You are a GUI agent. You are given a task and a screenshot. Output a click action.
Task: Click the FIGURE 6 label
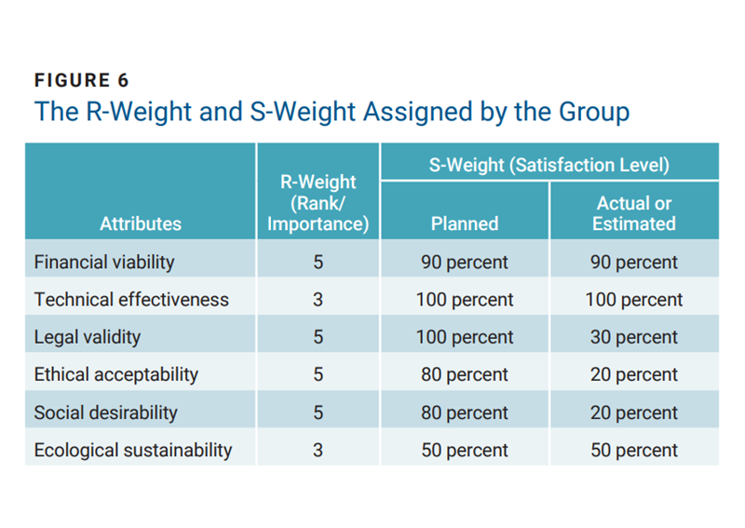tap(81, 80)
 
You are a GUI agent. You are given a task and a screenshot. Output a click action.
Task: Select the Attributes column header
tap(141, 223)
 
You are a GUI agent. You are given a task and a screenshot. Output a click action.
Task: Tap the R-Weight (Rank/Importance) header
tap(318, 203)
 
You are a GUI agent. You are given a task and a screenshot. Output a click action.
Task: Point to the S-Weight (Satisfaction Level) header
tap(549, 166)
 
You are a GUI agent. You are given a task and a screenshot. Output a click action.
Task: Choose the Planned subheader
tap(464, 223)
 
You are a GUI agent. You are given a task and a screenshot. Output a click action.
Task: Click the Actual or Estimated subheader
tap(633, 213)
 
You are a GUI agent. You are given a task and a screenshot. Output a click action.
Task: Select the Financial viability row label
tap(104, 262)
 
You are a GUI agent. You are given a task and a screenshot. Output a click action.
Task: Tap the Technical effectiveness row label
tap(131, 300)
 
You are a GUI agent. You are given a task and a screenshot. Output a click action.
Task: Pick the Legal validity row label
tap(87, 337)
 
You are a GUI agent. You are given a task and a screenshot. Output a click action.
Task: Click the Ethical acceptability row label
tap(116, 374)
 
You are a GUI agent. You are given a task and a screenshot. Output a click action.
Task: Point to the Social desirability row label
tap(105, 413)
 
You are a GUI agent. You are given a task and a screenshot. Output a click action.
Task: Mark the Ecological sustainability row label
tap(133, 450)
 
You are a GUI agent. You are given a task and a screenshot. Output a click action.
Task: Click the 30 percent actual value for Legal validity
tap(633, 337)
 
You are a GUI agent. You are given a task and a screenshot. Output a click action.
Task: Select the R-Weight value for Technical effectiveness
tap(318, 300)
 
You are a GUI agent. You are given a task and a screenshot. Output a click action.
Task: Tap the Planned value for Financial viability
tap(464, 262)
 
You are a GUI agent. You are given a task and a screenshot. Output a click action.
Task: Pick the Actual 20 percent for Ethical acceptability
tap(633, 374)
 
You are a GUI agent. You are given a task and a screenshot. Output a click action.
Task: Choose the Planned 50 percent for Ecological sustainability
tap(464, 450)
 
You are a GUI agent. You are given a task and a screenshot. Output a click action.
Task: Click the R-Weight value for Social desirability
tap(318, 413)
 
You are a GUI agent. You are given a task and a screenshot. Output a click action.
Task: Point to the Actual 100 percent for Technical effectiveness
tap(633, 300)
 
